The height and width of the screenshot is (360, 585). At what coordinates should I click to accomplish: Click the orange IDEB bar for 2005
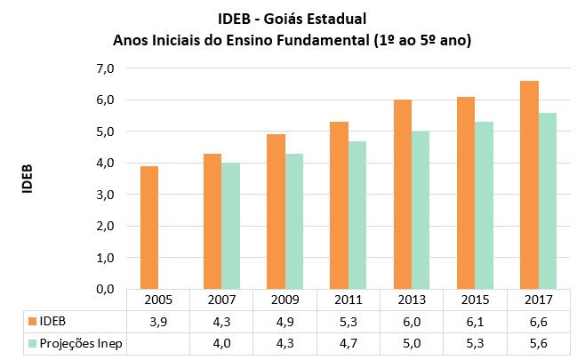click(150, 228)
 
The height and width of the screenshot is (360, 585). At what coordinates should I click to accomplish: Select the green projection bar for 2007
click(230, 226)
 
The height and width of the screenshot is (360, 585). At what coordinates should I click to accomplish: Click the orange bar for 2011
click(338, 205)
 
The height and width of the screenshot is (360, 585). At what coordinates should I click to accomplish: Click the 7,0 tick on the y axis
click(107, 68)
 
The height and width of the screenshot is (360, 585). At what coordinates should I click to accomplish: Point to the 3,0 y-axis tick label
click(107, 195)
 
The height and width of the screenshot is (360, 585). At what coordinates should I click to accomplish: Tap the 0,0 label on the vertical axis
click(107, 289)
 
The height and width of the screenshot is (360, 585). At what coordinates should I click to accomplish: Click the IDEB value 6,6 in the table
click(538, 320)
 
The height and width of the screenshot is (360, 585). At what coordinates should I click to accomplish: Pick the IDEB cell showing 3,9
click(159, 320)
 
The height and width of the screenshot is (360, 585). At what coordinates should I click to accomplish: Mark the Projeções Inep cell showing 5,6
click(538, 342)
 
